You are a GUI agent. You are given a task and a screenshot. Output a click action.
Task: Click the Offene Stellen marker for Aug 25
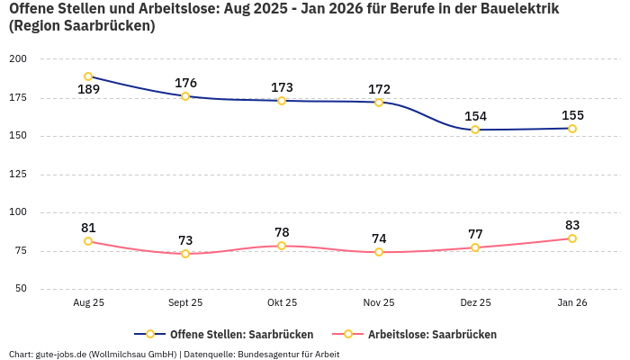(88, 76)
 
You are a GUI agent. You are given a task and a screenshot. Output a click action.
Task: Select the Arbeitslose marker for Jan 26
(572, 238)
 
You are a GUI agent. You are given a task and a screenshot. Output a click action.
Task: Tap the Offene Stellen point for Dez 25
(475, 130)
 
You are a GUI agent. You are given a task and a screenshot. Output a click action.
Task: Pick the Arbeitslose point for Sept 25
(185, 254)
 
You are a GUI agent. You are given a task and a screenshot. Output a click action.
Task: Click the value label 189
(88, 89)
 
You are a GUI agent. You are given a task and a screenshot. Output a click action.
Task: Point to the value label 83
(572, 225)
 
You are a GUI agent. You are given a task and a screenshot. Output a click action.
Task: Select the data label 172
(379, 89)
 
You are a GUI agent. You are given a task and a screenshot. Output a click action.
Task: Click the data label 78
(282, 232)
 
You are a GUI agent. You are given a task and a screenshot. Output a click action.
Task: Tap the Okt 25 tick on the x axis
(282, 303)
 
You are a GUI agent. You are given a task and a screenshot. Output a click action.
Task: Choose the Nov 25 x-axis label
(379, 303)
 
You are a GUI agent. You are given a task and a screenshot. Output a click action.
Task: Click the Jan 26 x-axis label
(572, 303)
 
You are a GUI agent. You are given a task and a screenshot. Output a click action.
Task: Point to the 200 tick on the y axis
(18, 59)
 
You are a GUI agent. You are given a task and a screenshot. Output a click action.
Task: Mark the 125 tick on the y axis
(18, 175)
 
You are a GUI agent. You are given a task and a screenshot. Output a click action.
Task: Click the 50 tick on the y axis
(21, 289)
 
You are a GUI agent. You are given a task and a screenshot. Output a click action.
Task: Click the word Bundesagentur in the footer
(269, 355)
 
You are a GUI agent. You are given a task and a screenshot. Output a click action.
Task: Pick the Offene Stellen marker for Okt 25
(282, 101)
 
